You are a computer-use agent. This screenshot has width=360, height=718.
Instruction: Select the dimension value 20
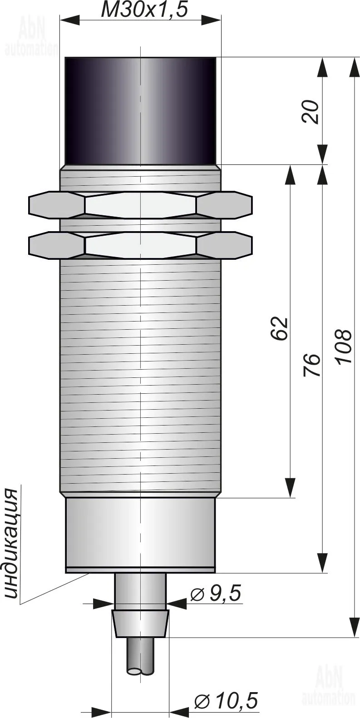311,112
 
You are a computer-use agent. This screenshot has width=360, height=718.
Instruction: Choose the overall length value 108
343,346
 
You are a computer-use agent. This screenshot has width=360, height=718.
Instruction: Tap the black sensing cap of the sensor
140,111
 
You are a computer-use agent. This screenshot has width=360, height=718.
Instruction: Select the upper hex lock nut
140,205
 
